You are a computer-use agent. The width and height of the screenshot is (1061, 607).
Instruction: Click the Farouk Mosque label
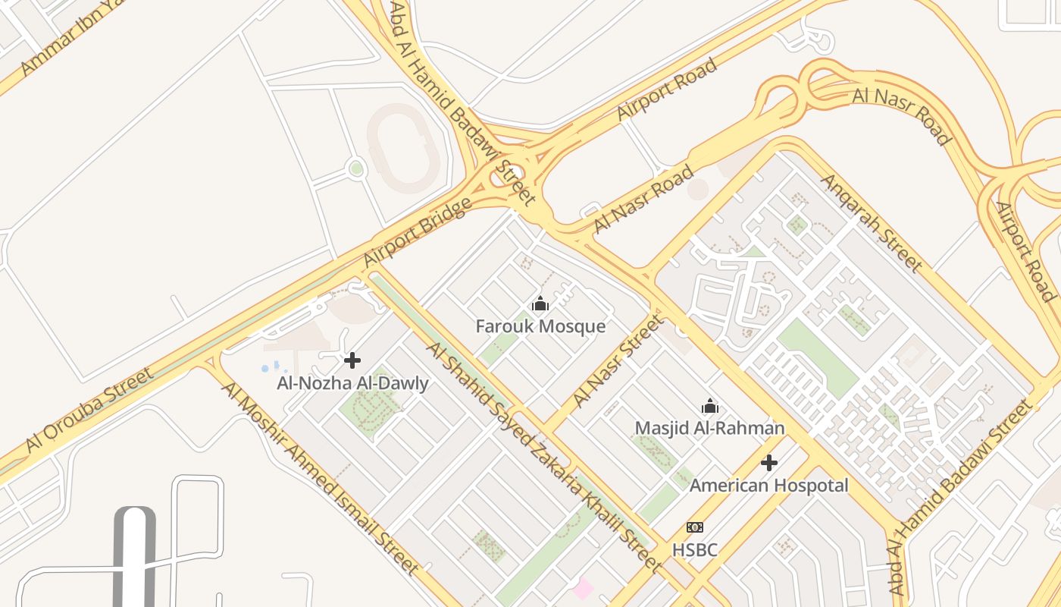click(540, 327)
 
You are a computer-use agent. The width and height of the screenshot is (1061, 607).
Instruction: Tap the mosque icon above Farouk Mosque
click(540, 304)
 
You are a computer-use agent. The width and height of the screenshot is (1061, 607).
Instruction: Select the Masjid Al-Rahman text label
click(709, 428)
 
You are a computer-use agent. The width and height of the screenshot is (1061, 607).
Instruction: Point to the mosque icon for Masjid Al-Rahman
click(710, 406)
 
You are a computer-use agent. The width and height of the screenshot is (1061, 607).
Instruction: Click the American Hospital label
click(768, 485)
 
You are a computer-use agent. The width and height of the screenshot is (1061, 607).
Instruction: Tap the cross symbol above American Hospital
click(769, 462)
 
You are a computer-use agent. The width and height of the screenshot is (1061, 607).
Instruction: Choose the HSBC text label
click(695, 549)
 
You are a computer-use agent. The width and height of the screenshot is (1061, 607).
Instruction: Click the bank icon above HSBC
click(695, 527)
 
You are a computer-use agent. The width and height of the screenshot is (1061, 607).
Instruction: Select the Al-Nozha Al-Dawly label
click(352, 383)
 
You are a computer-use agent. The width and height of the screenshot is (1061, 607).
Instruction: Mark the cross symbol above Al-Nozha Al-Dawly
click(352, 360)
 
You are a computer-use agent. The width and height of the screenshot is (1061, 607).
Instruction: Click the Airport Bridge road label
click(418, 232)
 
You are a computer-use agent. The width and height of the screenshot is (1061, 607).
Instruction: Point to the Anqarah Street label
click(872, 222)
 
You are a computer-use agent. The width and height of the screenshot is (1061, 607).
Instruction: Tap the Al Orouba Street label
click(89, 410)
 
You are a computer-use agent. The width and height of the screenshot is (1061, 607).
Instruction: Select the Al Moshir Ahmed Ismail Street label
click(320, 478)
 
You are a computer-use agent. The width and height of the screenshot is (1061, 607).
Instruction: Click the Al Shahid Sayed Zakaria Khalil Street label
click(543, 455)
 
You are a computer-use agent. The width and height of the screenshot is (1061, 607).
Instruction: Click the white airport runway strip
click(134, 558)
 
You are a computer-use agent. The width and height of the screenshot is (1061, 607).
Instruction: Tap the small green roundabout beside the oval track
click(356, 168)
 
